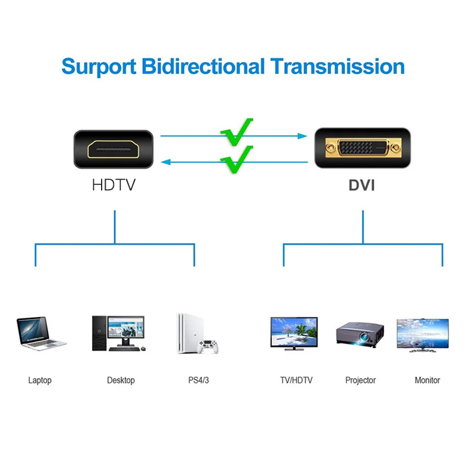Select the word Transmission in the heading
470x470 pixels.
click(x=337, y=66)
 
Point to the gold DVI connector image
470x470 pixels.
click(x=358, y=149)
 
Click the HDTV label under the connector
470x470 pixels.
click(x=113, y=186)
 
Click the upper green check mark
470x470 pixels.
click(x=237, y=133)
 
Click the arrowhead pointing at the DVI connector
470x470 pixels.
click(x=303, y=136)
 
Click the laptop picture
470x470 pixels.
click(x=40, y=333)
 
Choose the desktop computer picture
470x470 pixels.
click(x=117, y=333)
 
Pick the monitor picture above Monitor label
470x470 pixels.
click(x=422, y=335)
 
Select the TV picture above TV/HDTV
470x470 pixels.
click(x=294, y=333)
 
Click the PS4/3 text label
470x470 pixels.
click(x=199, y=380)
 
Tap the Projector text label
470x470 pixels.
click(x=360, y=380)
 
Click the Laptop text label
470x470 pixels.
click(x=40, y=380)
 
